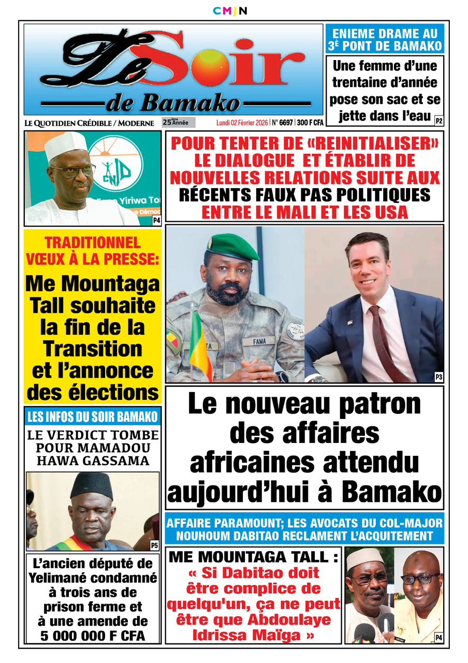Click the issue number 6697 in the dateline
coord(285,123)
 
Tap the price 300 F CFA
coord(310,123)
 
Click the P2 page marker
coord(438,122)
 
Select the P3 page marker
coord(438,378)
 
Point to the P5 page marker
coord(154,545)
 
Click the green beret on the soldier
coord(232,247)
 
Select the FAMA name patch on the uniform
coord(264,342)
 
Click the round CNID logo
coord(115,164)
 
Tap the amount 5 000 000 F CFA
coord(93,635)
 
